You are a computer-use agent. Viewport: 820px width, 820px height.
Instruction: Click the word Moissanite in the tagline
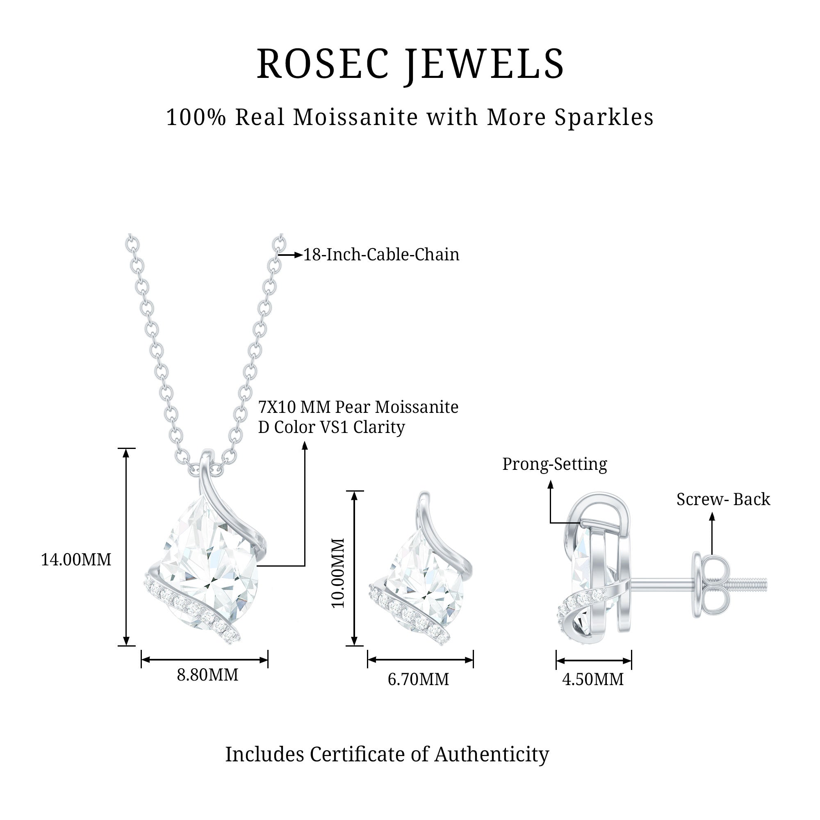[x=355, y=118]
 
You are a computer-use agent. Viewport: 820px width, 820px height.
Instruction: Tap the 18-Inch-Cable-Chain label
[x=381, y=255]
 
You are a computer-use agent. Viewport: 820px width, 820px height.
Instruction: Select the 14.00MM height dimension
[x=76, y=559]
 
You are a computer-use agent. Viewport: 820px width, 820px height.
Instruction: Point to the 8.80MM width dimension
[x=207, y=674]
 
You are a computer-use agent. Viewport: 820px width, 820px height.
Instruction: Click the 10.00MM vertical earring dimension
[x=338, y=573]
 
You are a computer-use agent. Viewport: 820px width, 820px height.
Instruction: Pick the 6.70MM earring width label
[x=418, y=679]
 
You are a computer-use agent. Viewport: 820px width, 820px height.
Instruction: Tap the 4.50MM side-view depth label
[x=593, y=679]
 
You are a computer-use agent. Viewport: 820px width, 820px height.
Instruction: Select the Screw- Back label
[x=723, y=499]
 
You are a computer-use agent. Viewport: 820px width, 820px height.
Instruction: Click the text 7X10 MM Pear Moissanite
[x=358, y=407]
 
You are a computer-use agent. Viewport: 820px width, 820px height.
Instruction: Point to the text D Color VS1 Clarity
[x=331, y=427]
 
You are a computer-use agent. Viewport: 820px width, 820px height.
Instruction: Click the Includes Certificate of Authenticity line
[x=387, y=754]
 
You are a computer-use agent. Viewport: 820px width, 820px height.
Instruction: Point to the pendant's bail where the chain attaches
[x=207, y=460]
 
